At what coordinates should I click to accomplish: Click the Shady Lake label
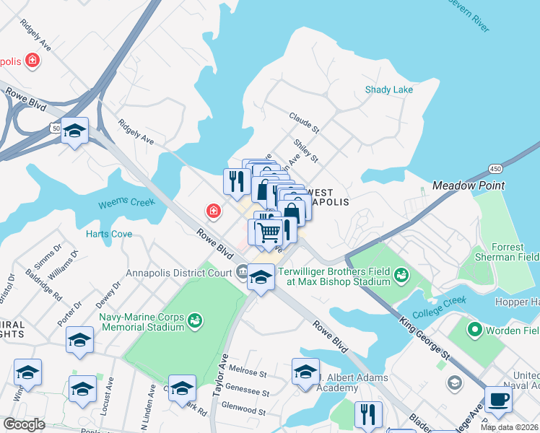(x=388, y=89)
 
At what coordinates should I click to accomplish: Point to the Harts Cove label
(x=108, y=234)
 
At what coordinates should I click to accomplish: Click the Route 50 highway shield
(x=56, y=128)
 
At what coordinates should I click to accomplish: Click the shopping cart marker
(x=269, y=232)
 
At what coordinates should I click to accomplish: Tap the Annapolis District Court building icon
(x=241, y=273)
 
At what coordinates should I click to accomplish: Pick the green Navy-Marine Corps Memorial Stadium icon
(x=193, y=319)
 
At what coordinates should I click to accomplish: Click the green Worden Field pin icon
(x=474, y=331)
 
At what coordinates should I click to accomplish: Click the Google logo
(x=24, y=424)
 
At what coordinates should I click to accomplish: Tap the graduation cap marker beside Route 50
(x=74, y=131)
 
